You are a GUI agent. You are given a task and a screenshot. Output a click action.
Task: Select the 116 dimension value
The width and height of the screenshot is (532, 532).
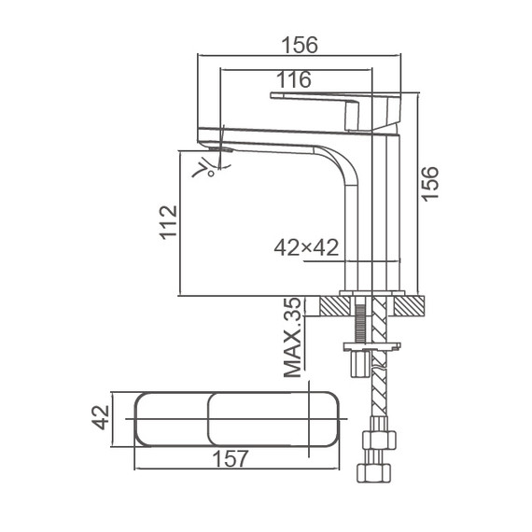[294, 79]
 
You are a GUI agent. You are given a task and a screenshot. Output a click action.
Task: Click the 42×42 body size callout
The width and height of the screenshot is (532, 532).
[306, 247]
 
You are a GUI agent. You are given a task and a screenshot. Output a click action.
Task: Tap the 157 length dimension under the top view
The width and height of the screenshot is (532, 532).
[231, 459]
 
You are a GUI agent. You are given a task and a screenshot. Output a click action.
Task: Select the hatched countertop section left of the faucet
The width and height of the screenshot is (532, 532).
[333, 304]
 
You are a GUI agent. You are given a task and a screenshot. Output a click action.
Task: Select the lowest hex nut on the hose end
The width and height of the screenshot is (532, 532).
[378, 473]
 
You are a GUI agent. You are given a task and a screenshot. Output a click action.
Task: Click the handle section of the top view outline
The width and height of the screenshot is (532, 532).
[271, 417]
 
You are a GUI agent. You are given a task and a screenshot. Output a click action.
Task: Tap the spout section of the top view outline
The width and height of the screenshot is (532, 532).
[173, 417]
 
